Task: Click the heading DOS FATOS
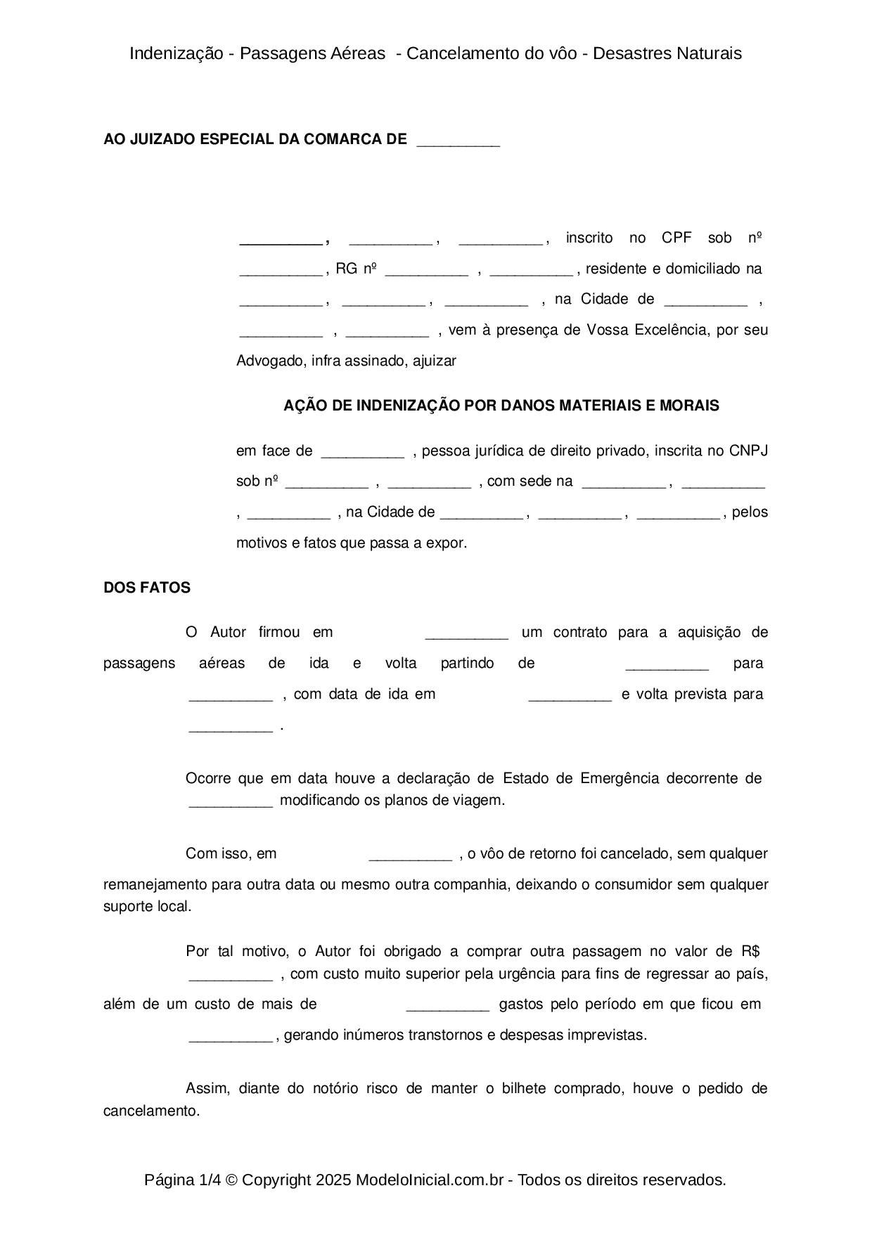tap(146, 588)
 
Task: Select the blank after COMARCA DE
tap(458, 141)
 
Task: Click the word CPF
tap(677, 238)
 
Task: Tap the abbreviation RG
tap(346, 269)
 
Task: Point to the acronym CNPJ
tap(748, 451)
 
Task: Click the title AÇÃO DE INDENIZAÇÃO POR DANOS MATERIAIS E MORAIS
tap(501, 406)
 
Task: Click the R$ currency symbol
tap(750, 951)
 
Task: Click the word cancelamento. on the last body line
tap(151, 1111)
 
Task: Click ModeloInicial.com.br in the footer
tap(429, 1180)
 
